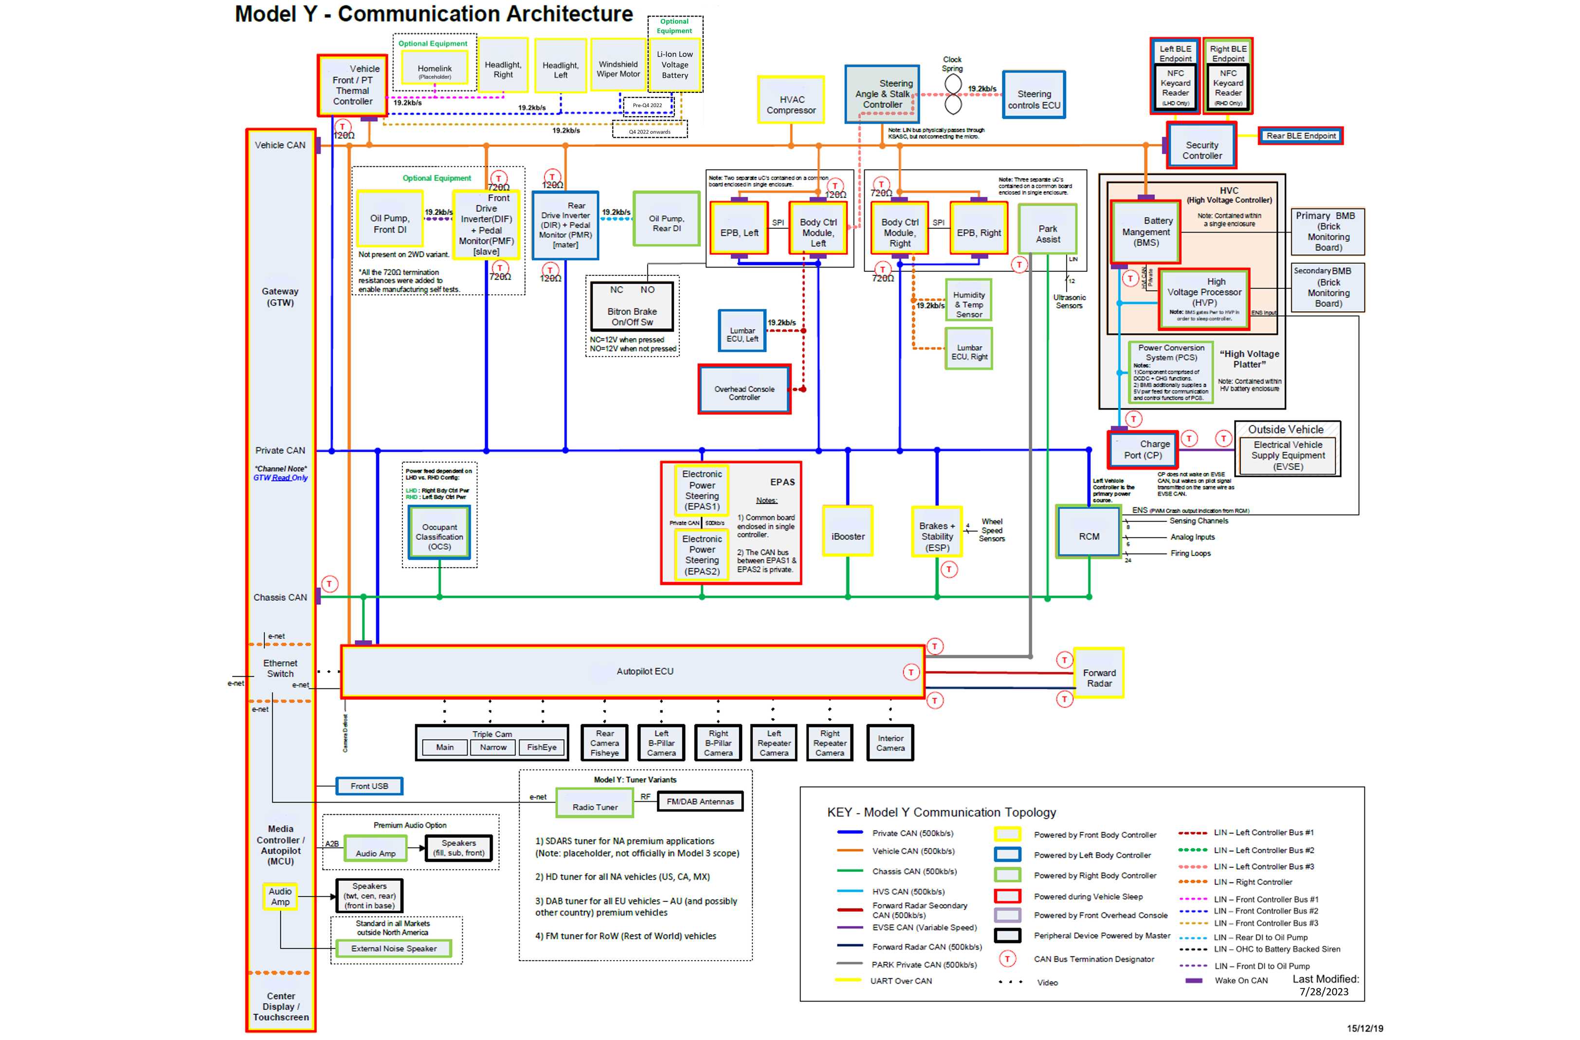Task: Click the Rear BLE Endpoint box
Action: coord(1301,136)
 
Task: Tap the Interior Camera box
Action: coord(890,743)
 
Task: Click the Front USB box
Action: coord(369,786)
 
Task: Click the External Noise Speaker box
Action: coord(394,949)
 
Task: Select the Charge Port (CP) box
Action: coord(1143,449)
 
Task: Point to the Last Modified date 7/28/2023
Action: coord(1324,991)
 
